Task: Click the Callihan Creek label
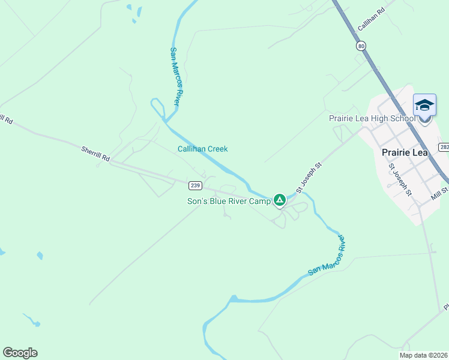pos(202,149)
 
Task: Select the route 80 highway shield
pos(360,46)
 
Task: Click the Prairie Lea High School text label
pos(372,118)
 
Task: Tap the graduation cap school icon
pos(424,106)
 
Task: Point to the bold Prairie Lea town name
pos(404,152)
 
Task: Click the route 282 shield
pos(444,147)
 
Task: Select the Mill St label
pos(439,194)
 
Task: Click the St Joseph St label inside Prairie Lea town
pos(400,179)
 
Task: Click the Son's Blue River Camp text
pos(229,201)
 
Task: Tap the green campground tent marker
pos(279,200)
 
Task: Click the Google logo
pos(20,353)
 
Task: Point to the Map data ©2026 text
pos(423,355)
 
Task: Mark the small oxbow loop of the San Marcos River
pos(157,108)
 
